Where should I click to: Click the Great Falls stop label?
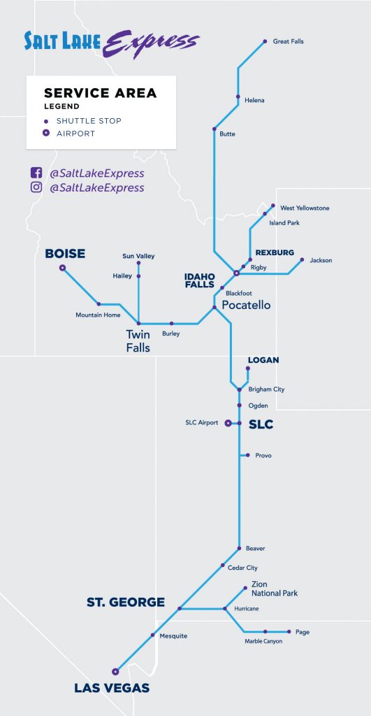click(288, 42)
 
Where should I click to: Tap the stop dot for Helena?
click(238, 96)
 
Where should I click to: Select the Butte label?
click(227, 134)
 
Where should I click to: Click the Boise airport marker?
click(62, 268)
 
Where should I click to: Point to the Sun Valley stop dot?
click(138, 264)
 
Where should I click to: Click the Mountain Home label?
click(98, 315)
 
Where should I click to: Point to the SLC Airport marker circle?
click(228, 423)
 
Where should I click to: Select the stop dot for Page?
click(289, 631)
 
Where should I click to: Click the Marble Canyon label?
click(263, 641)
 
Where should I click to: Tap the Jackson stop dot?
click(302, 260)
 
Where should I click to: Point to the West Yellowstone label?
click(305, 208)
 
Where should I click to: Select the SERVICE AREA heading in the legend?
click(100, 93)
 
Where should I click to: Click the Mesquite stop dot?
click(152, 635)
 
